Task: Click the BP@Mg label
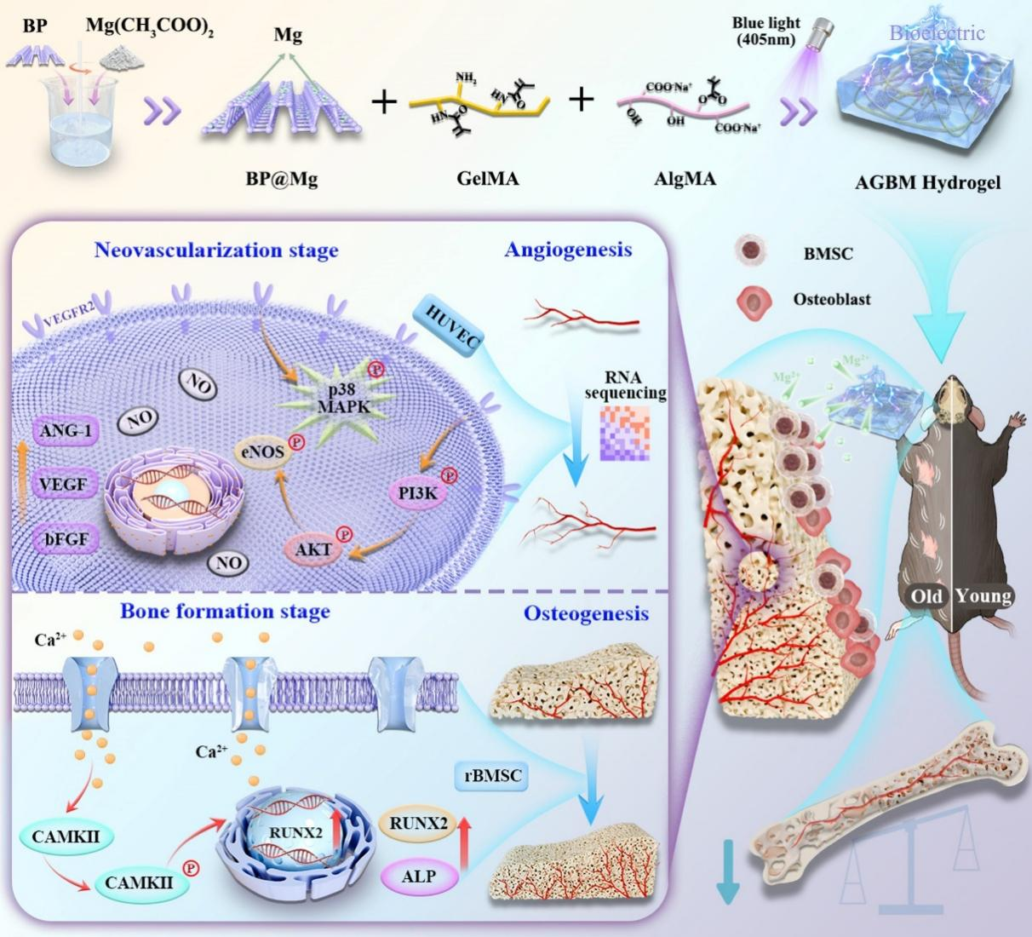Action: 281,179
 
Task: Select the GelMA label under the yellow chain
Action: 487,179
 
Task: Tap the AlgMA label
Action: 685,179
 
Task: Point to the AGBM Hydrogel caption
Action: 927,182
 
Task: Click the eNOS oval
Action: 262,451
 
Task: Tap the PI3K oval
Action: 417,492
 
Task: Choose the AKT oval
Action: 313,549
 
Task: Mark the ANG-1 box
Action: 65,431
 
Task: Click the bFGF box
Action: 65,539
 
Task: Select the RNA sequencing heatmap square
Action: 625,434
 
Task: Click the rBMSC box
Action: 493,776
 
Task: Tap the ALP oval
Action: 418,876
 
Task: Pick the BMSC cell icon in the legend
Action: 751,251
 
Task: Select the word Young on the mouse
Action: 983,595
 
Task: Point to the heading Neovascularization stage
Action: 216,250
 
